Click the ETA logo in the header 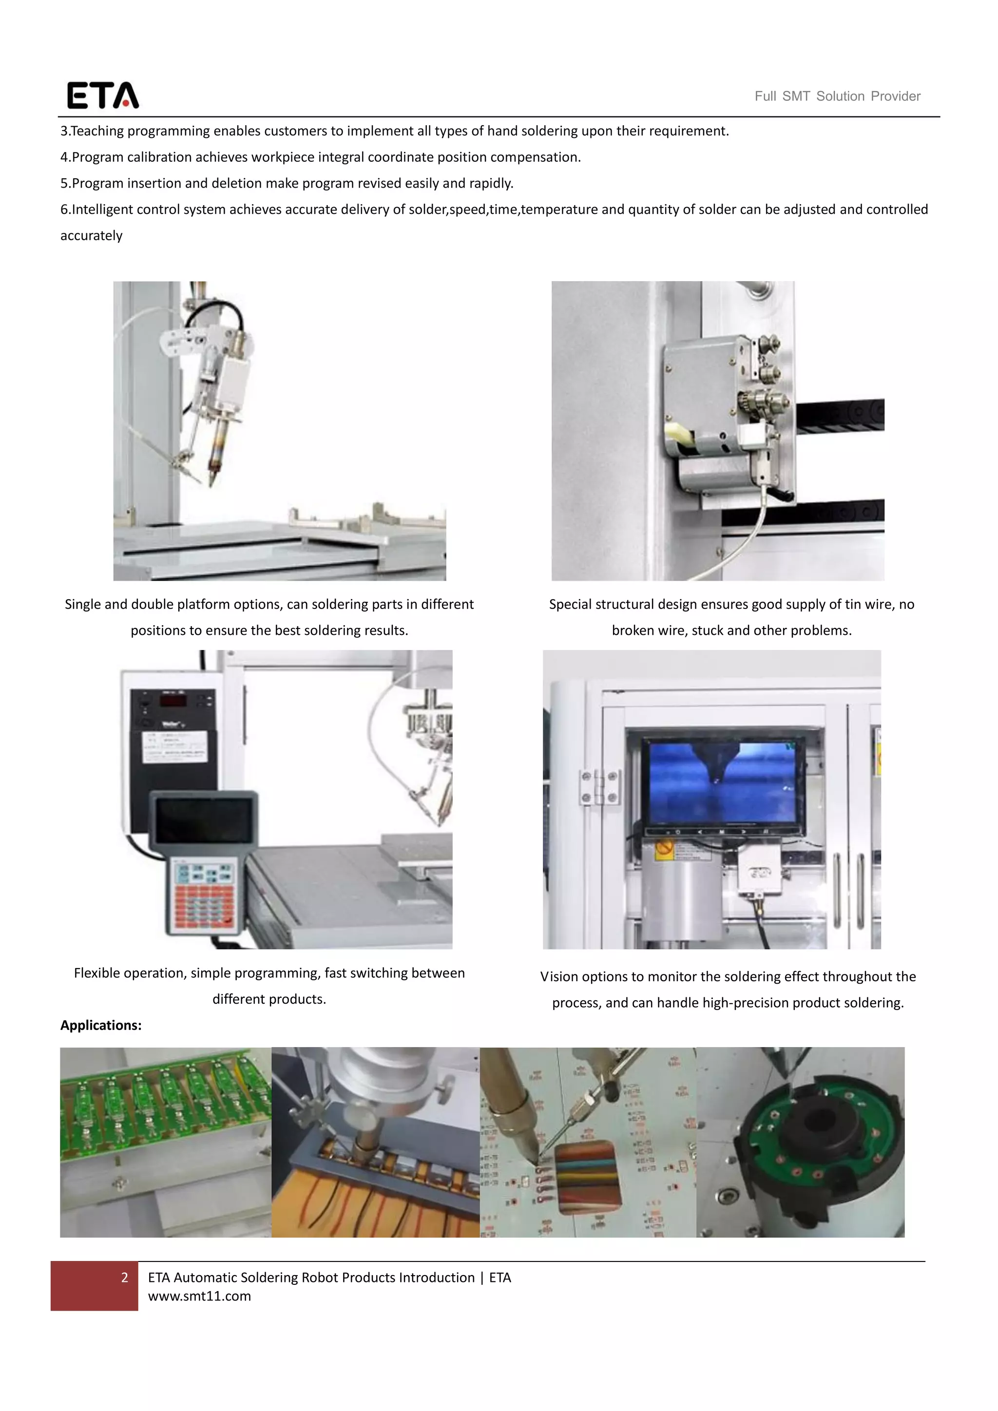103,95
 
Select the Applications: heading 101,1025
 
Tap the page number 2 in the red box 125,1277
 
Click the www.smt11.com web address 199,1296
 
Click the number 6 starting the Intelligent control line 64,210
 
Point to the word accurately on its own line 92,236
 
